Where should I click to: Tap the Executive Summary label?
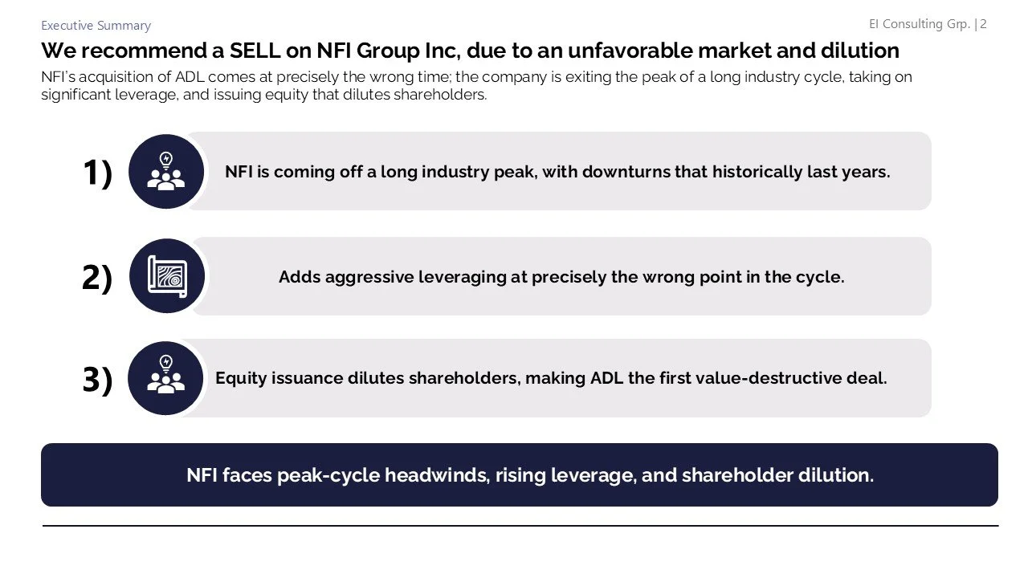coord(96,26)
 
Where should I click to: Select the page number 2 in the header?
coord(983,24)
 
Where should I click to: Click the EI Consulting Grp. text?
coord(920,24)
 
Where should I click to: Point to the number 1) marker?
coord(97,173)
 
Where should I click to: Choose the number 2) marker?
coord(97,277)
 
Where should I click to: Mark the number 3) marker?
coord(97,379)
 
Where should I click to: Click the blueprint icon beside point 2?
coord(167,276)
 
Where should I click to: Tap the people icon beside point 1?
coord(166,172)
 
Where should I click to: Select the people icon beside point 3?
coord(166,378)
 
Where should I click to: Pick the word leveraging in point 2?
coord(461,277)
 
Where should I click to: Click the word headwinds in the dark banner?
coord(436,475)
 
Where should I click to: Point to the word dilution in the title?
coord(859,51)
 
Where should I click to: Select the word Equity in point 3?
coord(239,378)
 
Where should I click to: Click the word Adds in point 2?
coord(299,277)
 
